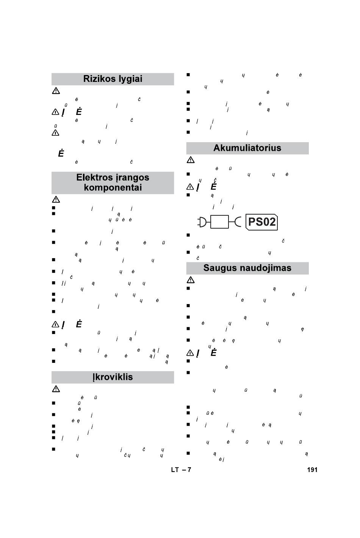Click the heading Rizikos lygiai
[x=113, y=79]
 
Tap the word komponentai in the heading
[x=113, y=188]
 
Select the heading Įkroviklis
[x=113, y=377]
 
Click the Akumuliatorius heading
[x=247, y=148]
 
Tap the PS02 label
[x=262, y=222]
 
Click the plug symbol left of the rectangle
[x=203, y=222]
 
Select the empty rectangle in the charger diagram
[x=219, y=222]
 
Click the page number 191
[x=312, y=470]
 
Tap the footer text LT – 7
[x=181, y=470]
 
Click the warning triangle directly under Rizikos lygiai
[x=56, y=91]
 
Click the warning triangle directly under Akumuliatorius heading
[x=190, y=160]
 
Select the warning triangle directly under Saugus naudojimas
[x=190, y=280]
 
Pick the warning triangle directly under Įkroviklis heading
[x=56, y=389]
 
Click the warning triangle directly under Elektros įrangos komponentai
[x=56, y=199]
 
